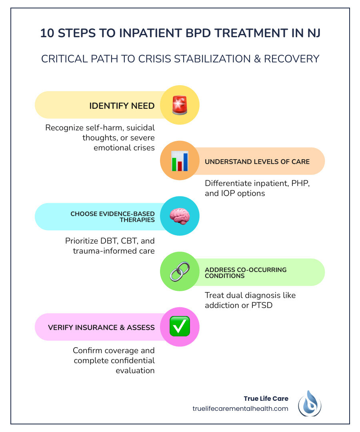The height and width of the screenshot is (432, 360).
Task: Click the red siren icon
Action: pos(180,105)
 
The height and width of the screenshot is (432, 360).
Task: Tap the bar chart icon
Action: pos(180,161)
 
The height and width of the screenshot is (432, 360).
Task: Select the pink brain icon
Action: pos(180,216)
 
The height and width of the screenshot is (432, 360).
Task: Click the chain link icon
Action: pos(180,272)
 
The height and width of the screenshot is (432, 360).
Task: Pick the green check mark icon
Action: pos(180,327)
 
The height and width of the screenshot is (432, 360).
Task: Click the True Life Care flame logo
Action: pos(310,404)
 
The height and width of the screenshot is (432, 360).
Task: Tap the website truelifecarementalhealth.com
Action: pos(240,409)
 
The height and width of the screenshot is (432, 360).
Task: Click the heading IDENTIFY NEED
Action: pos(122,106)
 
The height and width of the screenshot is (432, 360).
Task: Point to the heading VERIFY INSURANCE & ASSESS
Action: pos(101,328)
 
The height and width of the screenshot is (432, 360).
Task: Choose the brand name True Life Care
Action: pos(266,398)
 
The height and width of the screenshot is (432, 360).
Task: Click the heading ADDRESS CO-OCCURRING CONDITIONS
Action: pos(246,272)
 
